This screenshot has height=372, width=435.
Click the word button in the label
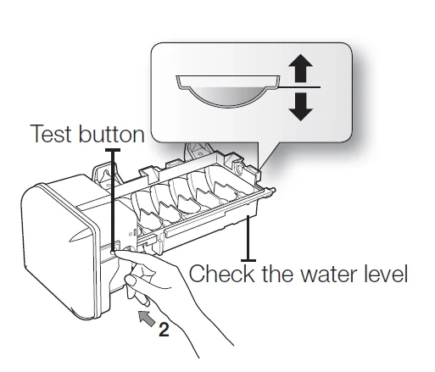tap(111, 133)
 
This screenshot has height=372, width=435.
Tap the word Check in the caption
tap(221, 273)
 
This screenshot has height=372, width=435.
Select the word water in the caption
tap(329, 275)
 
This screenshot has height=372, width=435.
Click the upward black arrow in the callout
tap(300, 68)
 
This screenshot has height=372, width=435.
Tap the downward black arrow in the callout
tap(300, 107)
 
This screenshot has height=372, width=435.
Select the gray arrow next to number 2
tap(147, 319)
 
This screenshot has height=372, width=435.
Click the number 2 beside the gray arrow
tap(164, 329)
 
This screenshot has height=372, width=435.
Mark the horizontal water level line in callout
tap(299, 87)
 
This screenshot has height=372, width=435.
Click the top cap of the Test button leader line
tap(113, 150)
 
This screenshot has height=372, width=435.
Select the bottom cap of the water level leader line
tap(248, 260)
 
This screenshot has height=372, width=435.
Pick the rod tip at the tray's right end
tap(273, 190)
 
